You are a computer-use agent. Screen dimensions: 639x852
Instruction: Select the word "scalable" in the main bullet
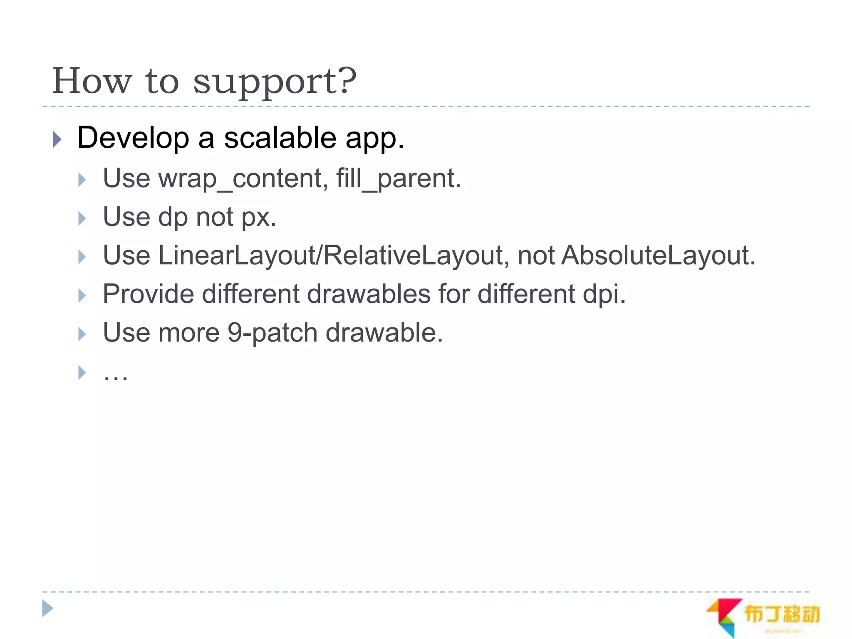tap(280, 138)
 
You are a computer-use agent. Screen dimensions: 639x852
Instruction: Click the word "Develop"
tap(133, 139)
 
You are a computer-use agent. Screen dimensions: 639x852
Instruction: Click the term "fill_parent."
tap(399, 179)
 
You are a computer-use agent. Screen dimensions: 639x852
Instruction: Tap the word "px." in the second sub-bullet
tap(259, 218)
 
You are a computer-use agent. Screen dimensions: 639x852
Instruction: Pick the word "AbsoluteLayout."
tap(658, 255)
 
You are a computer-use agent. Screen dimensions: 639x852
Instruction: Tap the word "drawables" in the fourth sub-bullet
tap(369, 294)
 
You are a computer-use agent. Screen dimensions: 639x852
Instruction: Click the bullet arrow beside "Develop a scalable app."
tap(57, 139)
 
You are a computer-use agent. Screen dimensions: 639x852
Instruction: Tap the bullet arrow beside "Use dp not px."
tap(82, 218)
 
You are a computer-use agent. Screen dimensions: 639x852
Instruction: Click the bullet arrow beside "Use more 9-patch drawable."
tap(82, 334)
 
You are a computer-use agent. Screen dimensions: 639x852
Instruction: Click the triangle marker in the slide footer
tap(48, 609)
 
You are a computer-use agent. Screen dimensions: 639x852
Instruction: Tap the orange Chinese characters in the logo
tap(781, 614)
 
